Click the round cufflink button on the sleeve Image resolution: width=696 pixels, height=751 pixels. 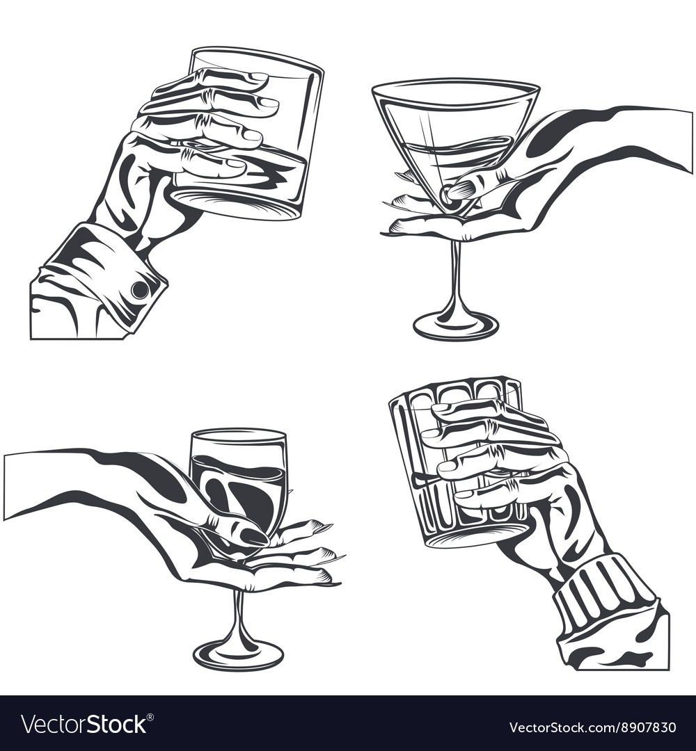click(x=139, y=289)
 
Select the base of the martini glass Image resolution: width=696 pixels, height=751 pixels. click(x=455, y=325)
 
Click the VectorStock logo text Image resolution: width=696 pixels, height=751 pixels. click(x=84, y=725)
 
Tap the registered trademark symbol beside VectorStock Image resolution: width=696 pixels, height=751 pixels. click(x=150, y=717)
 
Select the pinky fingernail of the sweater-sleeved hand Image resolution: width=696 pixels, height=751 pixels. click(x=465, y=494)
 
